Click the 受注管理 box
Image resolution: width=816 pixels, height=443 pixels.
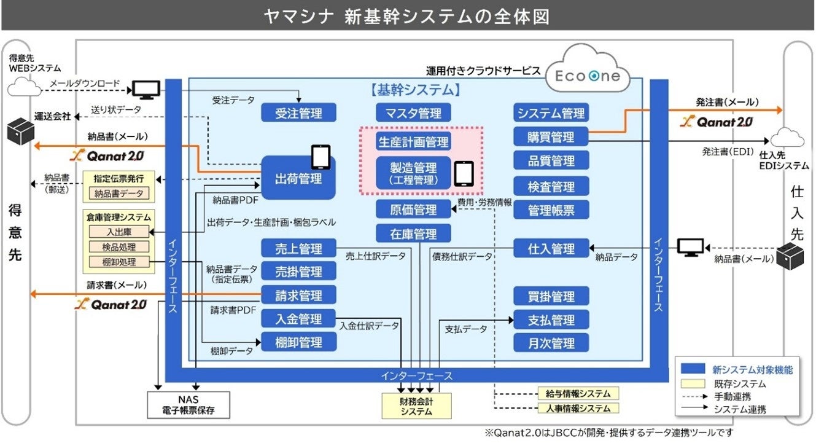pyautogui.click(x=299, y=112)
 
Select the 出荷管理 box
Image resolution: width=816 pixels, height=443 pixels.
pyautogui.click(x=298, y=178)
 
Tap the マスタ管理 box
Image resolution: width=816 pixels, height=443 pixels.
pyautogui.click(x=413, y=112)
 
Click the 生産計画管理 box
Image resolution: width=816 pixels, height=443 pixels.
pyautogui.click(x=413, y=142)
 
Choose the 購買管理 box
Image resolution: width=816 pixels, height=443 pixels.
pyautogui.click(x=551, y=136)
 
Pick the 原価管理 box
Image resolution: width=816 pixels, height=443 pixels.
pyautogui.click(x=413, y=210)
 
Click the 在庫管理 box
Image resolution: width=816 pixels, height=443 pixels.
pyautogui.click(x=413, y=233)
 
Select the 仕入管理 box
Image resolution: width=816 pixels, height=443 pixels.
pyautogui.click(x=551, y=248)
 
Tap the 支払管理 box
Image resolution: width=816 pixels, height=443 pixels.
pyautogui.click(x=551, y=320)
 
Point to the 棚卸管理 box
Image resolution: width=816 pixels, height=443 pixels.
pyautogui.click(x=299, y=342)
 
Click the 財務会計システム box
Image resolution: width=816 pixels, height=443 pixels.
pyautogui.click(x=416, y=406)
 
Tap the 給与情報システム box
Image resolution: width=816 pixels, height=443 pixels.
pyautogui.click(x=578, y=393)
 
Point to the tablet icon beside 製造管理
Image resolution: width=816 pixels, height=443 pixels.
pyautogui.click(x=464, y=173)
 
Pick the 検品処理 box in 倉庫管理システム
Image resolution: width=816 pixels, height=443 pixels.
pyautogui.click(x=119, y=247)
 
